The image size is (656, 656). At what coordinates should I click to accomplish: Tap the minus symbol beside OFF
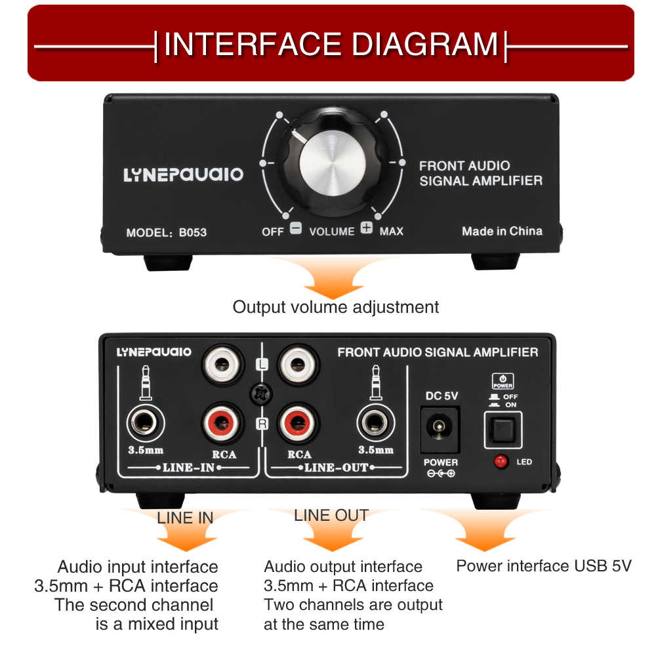tap(296, 230)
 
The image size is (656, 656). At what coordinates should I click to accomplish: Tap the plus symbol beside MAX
tap(367, 230)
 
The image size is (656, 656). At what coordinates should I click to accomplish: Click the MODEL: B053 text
tap(166, 232)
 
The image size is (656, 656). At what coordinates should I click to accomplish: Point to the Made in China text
tap(502, 231)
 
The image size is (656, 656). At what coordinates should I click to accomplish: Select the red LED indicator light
tap(501, 461)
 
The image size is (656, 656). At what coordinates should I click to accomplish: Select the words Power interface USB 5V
tap(544, 566)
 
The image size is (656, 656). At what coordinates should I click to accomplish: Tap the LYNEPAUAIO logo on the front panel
tap(183, 174)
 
